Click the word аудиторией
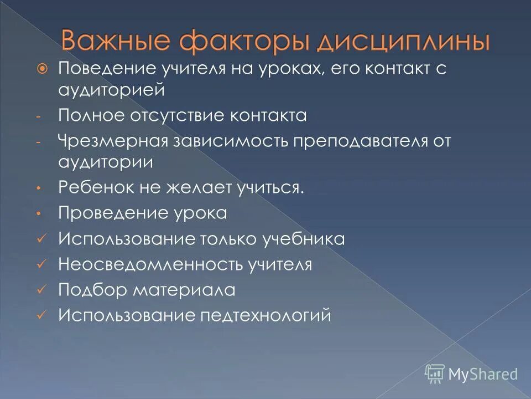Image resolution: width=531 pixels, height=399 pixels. (x=111, y=89)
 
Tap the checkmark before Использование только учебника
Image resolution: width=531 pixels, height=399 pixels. (x=40, y=239)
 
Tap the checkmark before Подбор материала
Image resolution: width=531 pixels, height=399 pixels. (x=40, y=290)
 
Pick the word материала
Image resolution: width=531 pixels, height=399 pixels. (x=185, y=290)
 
